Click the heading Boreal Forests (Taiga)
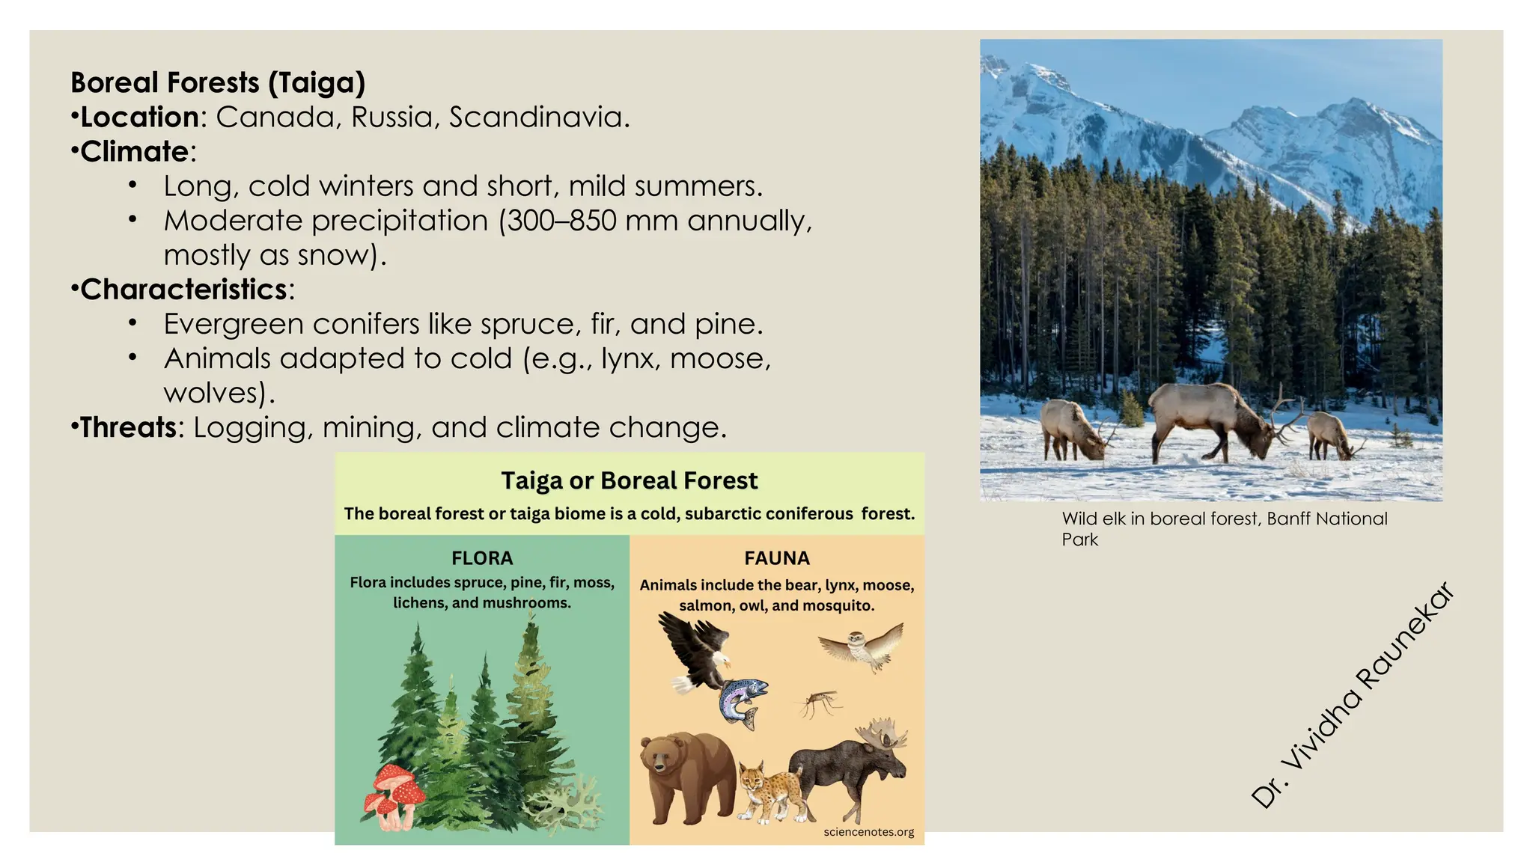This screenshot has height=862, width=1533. [x=218, y=82]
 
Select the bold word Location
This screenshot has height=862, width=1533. [x=140, y=117]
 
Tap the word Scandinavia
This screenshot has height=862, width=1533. [x=539, y=117]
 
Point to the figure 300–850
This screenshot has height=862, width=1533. [x=562, y=221]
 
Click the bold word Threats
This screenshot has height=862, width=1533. [x=128, y=427]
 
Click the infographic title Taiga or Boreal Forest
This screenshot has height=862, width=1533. [x=629, y=480]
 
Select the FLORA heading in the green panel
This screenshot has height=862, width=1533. [x=482, y=558]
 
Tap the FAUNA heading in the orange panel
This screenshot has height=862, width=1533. [x=777, y=558]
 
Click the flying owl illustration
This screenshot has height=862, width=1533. [x=862, y=646]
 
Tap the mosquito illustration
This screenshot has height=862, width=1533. [x=818, y=703]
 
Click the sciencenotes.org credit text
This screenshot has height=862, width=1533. [x=868, y=832]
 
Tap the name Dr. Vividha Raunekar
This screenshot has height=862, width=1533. [x=1353, y=694]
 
